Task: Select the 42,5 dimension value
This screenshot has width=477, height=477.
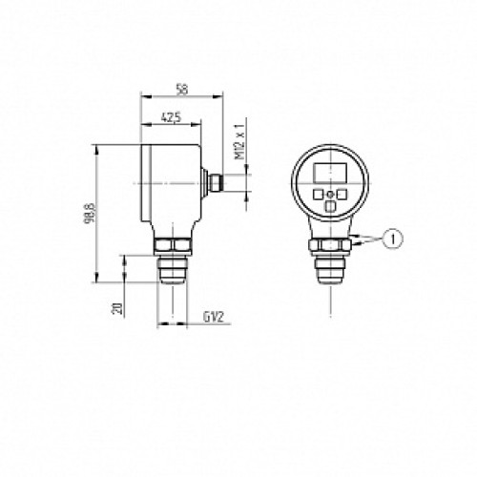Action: [x=172, y=118]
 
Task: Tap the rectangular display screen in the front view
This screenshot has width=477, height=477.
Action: [x=329, y=173]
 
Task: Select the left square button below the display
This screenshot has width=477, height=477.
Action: [x=318, y=195]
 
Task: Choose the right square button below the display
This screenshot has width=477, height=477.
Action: [x=342, y=195]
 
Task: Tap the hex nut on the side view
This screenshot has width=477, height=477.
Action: [x=174, y=246]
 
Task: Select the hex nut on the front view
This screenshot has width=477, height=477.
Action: [x=330, y=246]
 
